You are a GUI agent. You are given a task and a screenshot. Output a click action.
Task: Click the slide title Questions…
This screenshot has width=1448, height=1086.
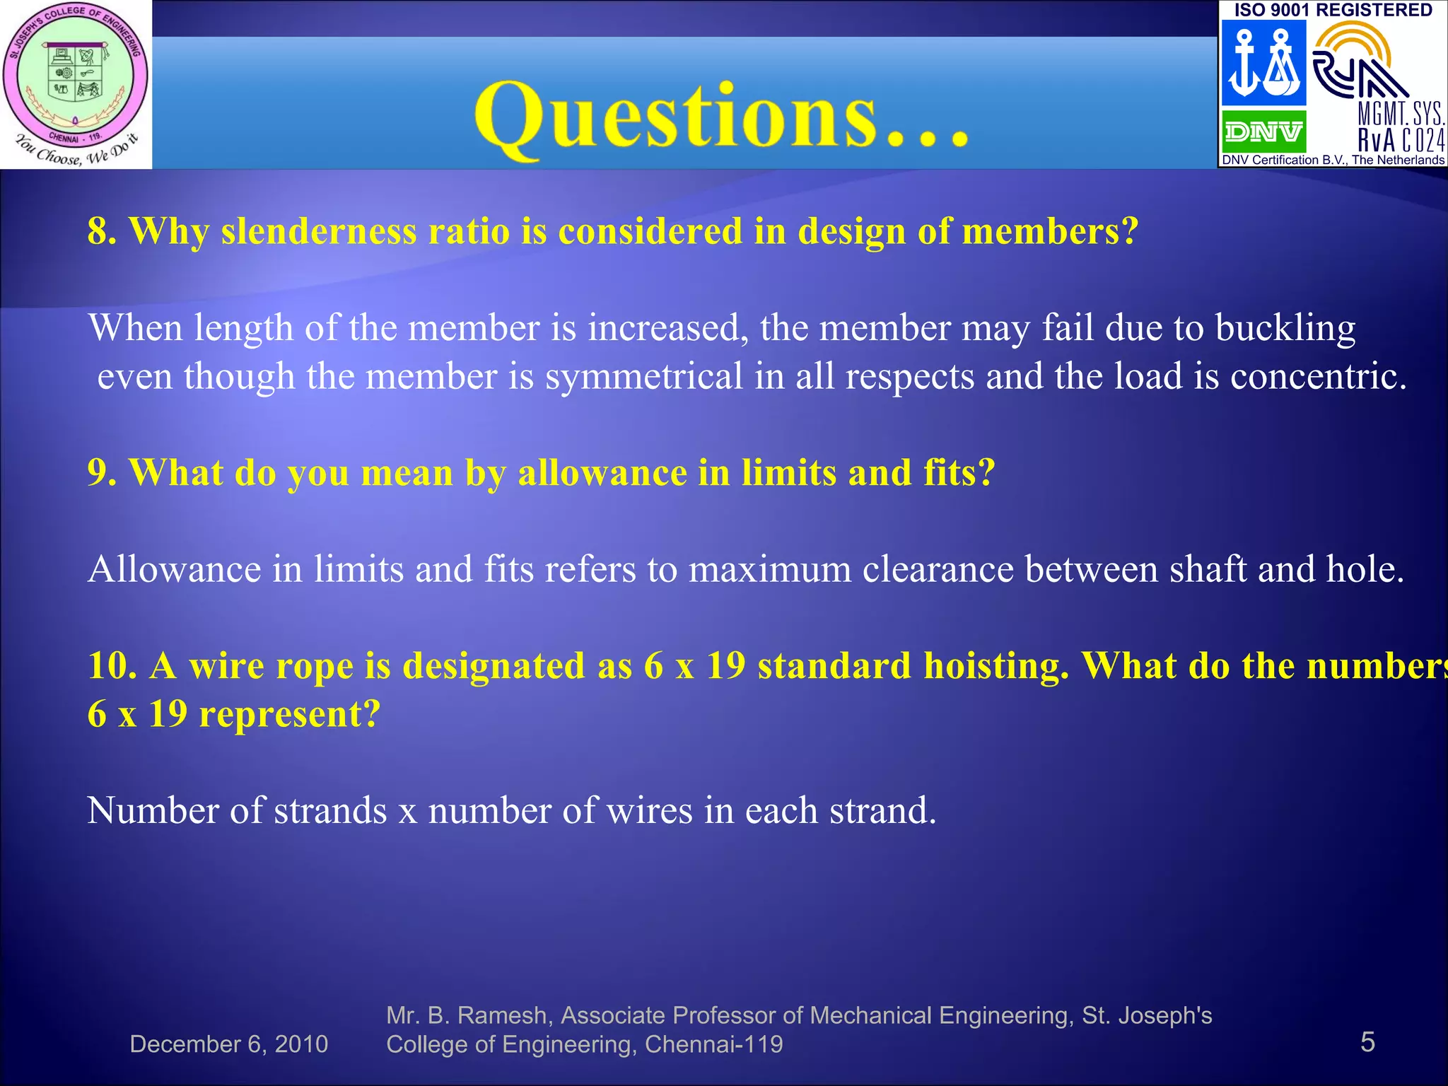pos(721,117)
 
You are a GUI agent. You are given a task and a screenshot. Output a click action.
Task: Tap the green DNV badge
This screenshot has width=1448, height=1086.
pos(1263,132)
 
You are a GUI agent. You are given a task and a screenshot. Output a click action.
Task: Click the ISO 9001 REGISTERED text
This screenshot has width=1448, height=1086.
pos(1333,10)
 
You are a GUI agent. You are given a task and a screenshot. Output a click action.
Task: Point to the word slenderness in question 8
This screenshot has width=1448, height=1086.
pos(319,231)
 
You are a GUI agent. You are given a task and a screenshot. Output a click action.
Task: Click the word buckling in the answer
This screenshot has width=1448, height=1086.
pos(1285,328)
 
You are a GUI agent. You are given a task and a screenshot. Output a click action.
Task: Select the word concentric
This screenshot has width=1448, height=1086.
pos(1318,376)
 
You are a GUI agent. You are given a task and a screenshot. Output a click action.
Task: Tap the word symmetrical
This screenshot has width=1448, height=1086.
pos(643,376)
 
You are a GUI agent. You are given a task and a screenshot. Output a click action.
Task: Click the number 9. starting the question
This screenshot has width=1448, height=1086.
pos(102,472)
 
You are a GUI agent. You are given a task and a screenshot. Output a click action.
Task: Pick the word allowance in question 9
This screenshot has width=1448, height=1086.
pos(602,472)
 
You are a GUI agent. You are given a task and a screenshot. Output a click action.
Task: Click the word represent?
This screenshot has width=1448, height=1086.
pos(290,714)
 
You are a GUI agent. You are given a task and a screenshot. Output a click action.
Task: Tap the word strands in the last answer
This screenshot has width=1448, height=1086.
pos(330,810)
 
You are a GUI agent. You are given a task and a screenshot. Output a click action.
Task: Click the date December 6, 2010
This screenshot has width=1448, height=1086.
pos(229,1044)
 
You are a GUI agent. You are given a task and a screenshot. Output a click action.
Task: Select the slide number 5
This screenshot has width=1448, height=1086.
pos(1367,1042)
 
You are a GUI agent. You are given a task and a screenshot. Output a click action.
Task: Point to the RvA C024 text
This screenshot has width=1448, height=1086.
pos(1401,141)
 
